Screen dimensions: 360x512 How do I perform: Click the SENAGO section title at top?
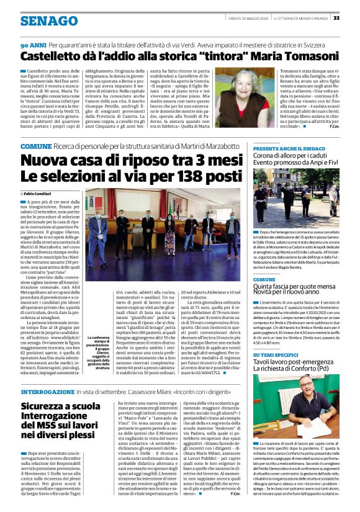click(x=48, y=20)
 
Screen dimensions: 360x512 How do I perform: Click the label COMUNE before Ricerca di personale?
click(x=35, y=145)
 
